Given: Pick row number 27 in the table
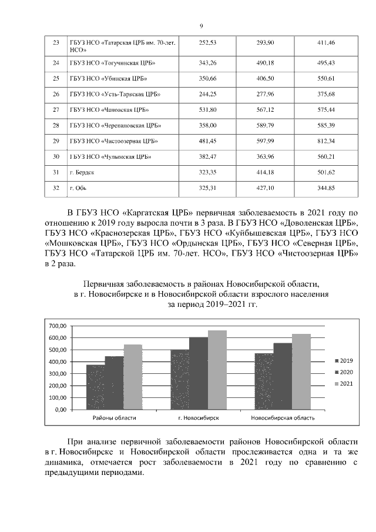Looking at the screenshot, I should pos(56,110).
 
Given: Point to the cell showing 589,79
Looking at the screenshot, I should pos(265,126).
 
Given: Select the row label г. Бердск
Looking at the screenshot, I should pos(82,173).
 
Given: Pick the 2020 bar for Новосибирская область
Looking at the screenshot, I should pos(282,376).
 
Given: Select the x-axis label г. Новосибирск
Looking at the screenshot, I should pos(199,417).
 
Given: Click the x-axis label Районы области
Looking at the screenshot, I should pos(115,417).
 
